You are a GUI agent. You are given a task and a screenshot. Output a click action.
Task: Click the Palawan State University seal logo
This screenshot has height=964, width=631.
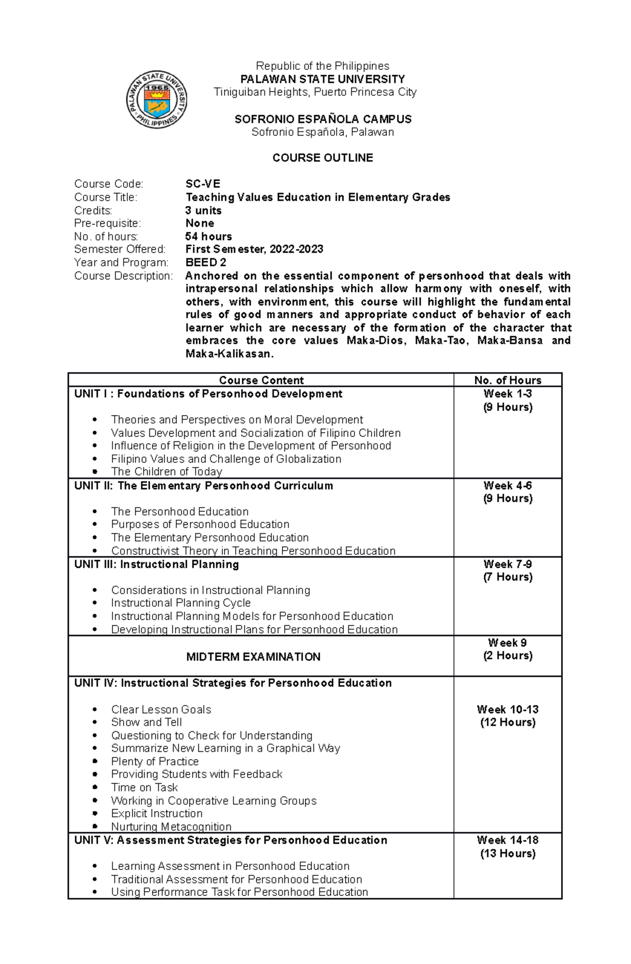[x=156, y=99]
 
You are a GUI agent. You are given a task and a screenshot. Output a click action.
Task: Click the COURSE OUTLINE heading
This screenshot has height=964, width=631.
[x=322, y=158]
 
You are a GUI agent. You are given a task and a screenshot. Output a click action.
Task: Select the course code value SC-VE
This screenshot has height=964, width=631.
[x=202, y=184]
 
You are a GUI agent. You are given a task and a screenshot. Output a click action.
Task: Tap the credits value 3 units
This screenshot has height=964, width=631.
[x=203, y=210]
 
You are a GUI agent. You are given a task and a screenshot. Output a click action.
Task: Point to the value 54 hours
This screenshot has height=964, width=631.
[x=208, y=236]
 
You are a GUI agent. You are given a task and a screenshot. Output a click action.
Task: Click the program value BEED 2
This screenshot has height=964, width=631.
[x=206, y=262]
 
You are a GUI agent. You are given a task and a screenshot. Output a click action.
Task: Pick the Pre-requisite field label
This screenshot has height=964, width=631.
[x=107, y=223]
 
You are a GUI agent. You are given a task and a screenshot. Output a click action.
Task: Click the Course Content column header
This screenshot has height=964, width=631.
[x=261, y=380]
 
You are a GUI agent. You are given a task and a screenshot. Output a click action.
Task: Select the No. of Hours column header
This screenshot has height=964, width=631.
[x=507, y=380]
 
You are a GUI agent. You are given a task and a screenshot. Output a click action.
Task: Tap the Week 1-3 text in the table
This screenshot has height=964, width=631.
[x=507, y=393]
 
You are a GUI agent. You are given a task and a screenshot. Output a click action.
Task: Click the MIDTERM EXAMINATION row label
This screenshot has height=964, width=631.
[x=253, y=657]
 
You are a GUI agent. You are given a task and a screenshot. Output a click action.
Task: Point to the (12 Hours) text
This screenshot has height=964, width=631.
[x=507, y=722]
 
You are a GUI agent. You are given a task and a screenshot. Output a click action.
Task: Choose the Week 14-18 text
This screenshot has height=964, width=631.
[x=507, y=840]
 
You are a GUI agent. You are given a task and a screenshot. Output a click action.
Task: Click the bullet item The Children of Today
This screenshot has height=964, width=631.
[x=166, y=472]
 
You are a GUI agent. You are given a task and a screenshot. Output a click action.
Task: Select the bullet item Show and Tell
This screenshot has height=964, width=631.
[x=146, y=722]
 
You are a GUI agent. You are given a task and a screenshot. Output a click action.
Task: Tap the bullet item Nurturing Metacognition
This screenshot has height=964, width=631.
[x=171, y=826]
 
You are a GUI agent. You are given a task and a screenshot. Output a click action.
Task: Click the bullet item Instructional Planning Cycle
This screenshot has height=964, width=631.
[x=180, y=603]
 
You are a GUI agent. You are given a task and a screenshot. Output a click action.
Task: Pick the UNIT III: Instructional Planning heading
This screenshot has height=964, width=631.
[x=156, y=564]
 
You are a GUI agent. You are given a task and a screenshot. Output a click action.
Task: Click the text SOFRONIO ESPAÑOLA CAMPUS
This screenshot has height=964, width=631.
[x=322, y=119]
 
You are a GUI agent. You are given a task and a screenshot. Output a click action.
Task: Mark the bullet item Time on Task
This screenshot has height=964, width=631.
[x=144, y=787]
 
